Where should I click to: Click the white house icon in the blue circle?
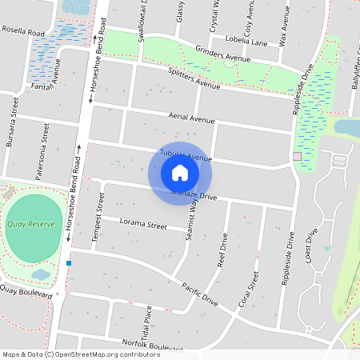coord(180,172)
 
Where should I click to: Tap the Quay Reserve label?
coord(31,225)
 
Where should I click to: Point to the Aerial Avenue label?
coord(187,118)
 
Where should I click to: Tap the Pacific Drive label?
coord(199,294)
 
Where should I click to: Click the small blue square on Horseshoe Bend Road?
coord(70,262)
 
